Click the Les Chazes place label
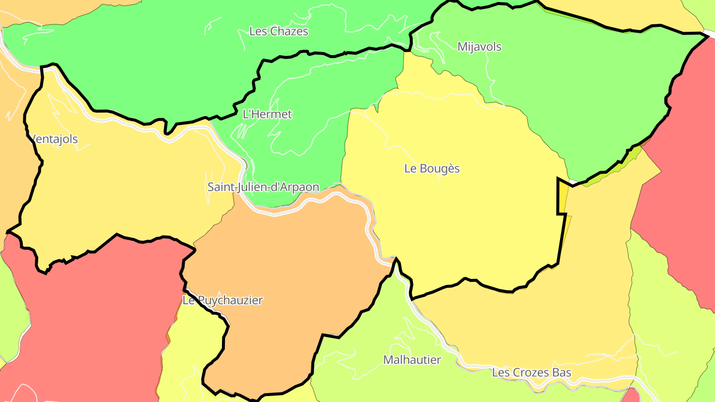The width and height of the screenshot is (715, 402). [279, 32]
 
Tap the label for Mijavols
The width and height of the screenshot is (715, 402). [479, 47]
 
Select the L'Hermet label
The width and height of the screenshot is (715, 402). [267, 114]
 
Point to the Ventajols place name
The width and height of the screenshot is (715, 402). [54, 139]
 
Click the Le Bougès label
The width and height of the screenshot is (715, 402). [432, 169]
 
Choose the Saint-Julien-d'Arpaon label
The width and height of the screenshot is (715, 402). [263, 188]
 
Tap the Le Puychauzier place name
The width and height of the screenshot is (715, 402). [222, 300]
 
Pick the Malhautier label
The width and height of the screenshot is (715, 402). [412, 360]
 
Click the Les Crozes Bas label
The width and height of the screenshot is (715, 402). [531, 373]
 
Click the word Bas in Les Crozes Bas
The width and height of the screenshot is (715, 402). [563, 373]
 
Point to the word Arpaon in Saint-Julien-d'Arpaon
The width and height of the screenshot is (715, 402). [301, 188]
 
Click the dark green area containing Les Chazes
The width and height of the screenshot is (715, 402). [149, 60]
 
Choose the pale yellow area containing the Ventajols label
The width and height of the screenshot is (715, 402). [124, 189]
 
